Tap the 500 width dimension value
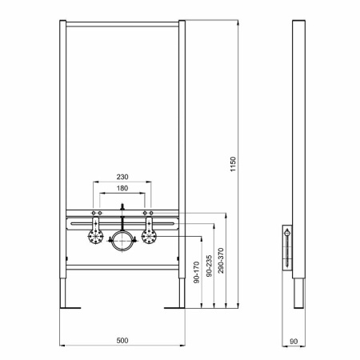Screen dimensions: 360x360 (122, 341)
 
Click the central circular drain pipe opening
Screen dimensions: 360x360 (122, 241)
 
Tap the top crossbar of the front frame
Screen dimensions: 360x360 (122, 22)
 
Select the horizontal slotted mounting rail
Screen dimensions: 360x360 (122, 223)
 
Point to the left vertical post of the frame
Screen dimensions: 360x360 (62, 160)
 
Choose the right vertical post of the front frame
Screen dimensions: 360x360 (182, 160)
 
